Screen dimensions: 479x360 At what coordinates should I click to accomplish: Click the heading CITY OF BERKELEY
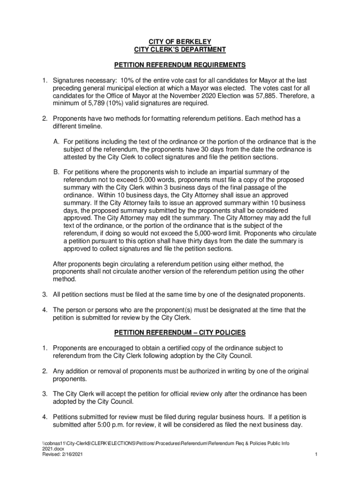coord(180,41)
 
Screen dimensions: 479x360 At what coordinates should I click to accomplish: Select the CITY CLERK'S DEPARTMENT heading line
coord(180,49)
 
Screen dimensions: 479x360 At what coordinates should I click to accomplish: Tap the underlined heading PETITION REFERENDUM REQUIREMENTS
coord(180,65)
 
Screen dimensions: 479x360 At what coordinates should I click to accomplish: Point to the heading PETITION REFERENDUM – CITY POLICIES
coord(180,333)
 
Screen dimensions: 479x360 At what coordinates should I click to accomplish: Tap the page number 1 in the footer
coord(317,454)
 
